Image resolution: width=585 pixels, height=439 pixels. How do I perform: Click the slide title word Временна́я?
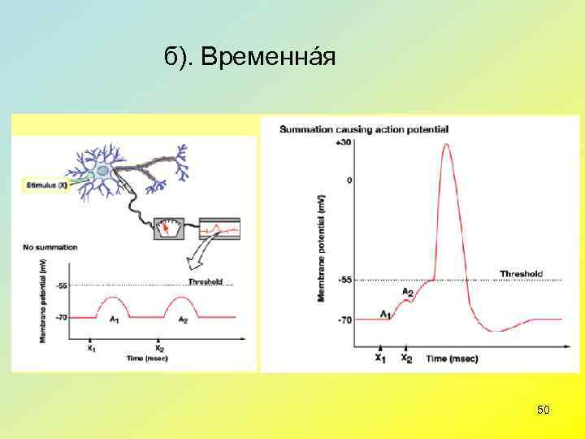[267, 59]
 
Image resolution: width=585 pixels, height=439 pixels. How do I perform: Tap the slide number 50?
[544, 411]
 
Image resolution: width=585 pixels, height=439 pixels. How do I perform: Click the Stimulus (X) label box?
[46, 185]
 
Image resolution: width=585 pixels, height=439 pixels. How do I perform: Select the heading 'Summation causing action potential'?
[363, 129]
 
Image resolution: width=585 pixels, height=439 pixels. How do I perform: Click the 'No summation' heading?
[50, 246]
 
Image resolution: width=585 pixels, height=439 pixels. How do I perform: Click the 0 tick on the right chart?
[349, 180]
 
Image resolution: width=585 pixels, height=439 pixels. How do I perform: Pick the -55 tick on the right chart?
[344, 280]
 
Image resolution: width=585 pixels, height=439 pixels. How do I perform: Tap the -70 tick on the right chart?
[344, 319]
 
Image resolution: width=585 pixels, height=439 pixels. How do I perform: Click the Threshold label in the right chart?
[521, 274]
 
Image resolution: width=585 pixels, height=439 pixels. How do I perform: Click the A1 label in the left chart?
[115, 319]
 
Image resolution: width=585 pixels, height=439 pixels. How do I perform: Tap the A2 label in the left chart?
[183, 319]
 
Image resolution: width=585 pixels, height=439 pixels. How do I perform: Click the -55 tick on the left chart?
[62, 285]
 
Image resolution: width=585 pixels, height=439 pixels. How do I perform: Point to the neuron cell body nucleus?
[103, 171]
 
